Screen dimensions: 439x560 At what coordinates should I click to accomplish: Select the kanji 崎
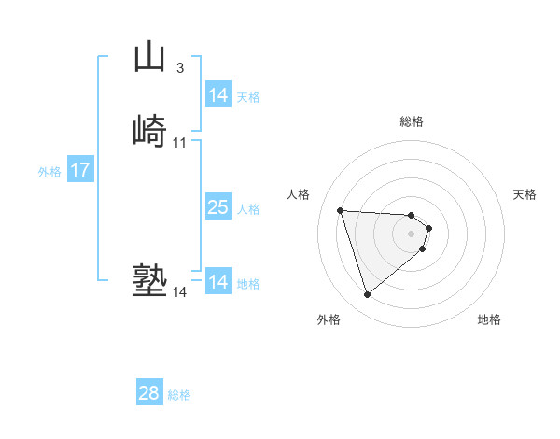pyautogui.click(x=148, y=131)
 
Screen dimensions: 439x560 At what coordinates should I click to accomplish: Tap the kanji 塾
pyautogui.click(x=148, y=281)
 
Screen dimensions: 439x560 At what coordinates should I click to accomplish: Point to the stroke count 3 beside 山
pyautogui.click(x=179, y=67)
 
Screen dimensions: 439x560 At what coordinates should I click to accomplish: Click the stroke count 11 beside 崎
pyautogui.click(x=179, y=143)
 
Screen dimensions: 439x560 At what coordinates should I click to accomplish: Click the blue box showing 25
pyautogui.click(x=217, y=207)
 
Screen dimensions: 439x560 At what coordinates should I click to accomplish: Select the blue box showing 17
pyautogui.click(x=80, y=171)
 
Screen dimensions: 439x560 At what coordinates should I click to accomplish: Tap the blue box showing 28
pyautogui.click(x=149, y=393)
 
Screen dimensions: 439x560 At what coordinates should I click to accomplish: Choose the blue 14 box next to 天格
pyautogui.click(x=217, y=95)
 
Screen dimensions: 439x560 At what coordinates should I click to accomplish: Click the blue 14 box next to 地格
pyautogui.click(x=217, y=282)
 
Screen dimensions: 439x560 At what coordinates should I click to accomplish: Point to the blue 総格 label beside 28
pyautogui.click(x=179, y=395)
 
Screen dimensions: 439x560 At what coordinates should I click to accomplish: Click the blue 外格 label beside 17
pyautogui.click(x=49, y=172)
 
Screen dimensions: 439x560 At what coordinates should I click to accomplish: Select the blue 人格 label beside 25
pyautogui.click(x=248, y=209)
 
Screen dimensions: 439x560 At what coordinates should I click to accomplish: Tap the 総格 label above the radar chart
pyautogui.click(x=412, y=121)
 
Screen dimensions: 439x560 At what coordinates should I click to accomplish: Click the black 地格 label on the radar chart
pyautogui.click(x=489, y=319)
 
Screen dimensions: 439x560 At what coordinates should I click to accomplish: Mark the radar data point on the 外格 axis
pyautogui.click(x=367, y=295)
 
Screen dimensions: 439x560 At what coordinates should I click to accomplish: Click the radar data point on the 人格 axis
pyautogui.click(x=341, y=210)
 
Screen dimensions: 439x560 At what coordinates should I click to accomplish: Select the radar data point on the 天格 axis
pyautogui.click(x=429, y=228)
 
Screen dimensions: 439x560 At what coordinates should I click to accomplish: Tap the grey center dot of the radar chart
pyautogui.click(x=412, y=234)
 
